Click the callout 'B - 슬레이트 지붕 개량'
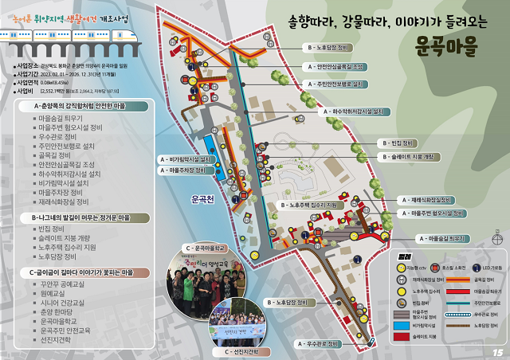pos(412,157)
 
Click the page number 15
pos(496,351)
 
